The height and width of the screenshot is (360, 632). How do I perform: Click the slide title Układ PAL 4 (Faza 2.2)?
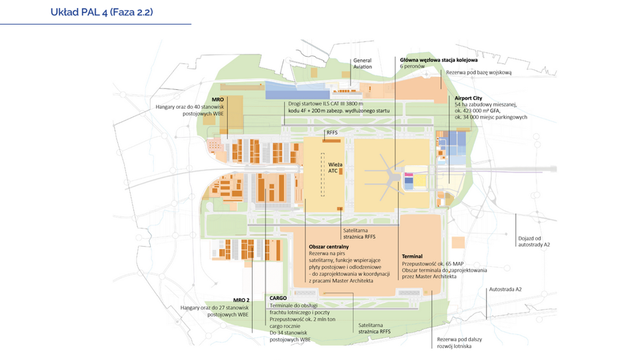101,12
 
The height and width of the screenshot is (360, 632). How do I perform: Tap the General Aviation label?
363,63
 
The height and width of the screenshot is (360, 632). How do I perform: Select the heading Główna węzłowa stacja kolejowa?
439,59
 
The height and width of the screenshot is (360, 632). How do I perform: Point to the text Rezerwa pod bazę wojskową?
479,73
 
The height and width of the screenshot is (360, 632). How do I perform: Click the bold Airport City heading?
468,98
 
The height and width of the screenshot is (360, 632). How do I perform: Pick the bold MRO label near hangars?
217,99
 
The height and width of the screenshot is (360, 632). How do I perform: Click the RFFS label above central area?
332,133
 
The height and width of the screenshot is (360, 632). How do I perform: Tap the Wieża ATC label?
335,168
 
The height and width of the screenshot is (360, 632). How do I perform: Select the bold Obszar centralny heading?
329,247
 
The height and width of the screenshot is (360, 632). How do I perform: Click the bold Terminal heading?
412,257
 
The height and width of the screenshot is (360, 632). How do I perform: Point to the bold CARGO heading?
278,298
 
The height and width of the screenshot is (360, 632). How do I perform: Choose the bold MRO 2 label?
241,301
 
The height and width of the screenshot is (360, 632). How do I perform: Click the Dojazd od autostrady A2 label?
533,241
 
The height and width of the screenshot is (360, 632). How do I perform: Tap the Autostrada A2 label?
505,289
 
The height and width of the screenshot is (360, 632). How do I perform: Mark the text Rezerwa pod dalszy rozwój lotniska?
459,343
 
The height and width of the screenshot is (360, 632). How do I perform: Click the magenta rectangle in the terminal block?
409,175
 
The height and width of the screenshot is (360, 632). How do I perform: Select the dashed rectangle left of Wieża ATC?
323,175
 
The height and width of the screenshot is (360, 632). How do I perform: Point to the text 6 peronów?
412,66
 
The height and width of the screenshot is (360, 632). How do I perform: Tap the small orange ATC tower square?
341,171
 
